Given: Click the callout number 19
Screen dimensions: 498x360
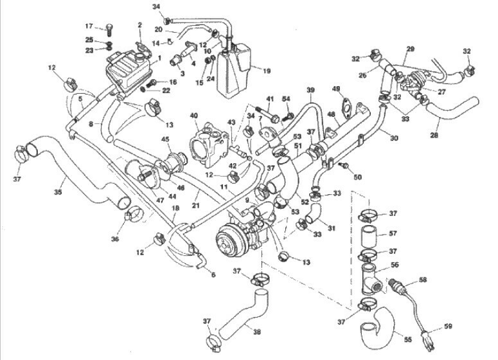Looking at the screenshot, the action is click(x=267, y=71).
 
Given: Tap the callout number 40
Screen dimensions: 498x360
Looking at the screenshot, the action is click(x=194, y=114).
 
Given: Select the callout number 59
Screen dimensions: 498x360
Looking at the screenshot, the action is click(x=447, y=327).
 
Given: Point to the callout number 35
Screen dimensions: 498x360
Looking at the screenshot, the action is click(x=58, y=192).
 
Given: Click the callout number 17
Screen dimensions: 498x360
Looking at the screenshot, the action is click(x=89, y=26).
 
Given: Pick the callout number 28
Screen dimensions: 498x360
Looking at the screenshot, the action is click(x=434, y=135).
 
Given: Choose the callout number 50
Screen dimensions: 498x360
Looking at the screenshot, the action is click(x=358, y=177).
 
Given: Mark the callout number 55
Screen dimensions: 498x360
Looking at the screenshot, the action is click(x=407, y=339).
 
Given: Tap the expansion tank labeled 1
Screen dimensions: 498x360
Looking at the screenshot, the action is click(x=129, y=71).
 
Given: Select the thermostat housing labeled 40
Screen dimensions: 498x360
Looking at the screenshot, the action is click(x=209, y=145).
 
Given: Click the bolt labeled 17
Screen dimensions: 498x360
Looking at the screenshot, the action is click(x=109, y=30).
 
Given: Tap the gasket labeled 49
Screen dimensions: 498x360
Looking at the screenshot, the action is click(x=346, y=107).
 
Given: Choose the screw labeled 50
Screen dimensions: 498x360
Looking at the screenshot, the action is click(x=343, y=166).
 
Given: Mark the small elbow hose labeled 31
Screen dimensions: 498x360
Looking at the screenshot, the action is click(x=313, y=213).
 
